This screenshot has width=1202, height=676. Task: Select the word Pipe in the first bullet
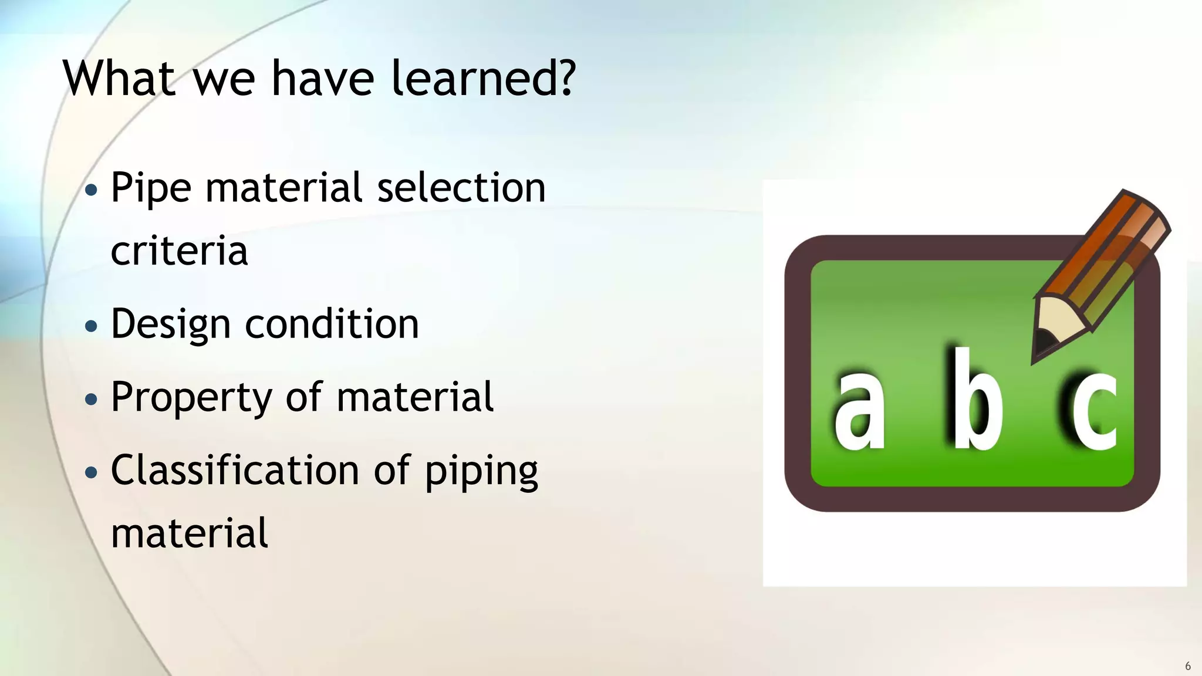coord(151,189)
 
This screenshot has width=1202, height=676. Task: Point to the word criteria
coord(179,251)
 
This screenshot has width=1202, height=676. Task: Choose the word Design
coord(170,325)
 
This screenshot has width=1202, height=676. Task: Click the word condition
coord(332,324)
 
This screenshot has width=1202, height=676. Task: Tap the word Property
coord(191,398)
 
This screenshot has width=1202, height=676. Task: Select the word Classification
coord(235,471)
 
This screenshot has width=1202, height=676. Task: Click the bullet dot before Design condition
coord(91,326)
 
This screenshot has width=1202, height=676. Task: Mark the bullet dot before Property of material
coord(91,400)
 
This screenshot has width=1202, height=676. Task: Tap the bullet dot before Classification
coord(91,472)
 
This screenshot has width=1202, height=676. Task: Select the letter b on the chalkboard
coord(974,400)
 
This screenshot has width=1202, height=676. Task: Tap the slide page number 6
coord(1188,666)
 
